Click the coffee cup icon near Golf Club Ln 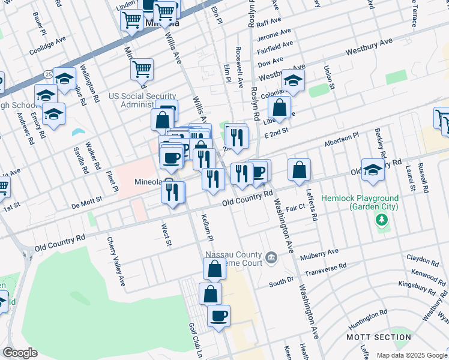pyautogui.click(x=218, y=315)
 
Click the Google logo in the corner pyautogui.click(x=20, y=353)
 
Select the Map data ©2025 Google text pyautogui.click(x=411, y=355)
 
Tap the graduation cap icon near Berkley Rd pyautogui.click(x=372, y=169)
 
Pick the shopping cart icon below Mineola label pyautogui.click(x=142, y=69)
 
